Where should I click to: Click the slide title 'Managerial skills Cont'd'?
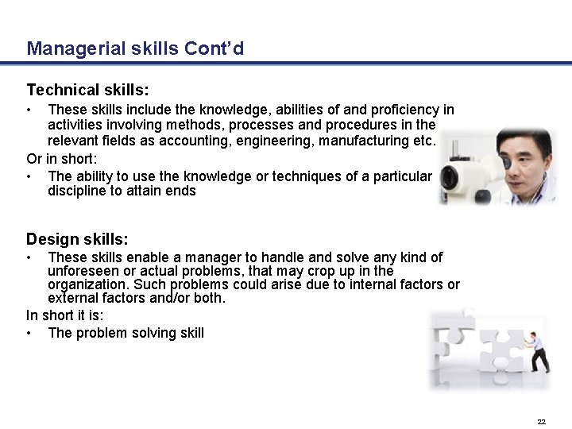point(135,48)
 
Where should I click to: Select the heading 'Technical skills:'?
point(87,90)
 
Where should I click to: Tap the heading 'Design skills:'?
point(77,239)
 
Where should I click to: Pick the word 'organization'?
point(87,284)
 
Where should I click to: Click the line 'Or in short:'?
point(61,159)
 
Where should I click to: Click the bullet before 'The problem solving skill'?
point(29,333)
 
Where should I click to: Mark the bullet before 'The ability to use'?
point(29,176)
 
